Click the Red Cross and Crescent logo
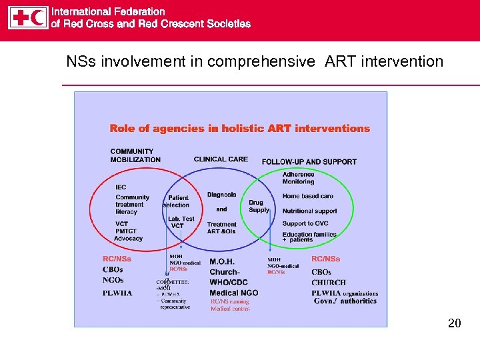point(28,17)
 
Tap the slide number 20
point(454,323)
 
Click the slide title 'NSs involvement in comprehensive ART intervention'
point(254,62)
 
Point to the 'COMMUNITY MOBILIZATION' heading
point(135,155)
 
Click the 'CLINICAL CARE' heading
point(221,159)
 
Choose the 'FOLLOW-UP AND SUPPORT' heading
point(309,162)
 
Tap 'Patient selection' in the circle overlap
point(177,201)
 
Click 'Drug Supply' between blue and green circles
point(258,206)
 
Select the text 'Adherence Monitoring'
point(298,178)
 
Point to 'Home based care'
point(307,196)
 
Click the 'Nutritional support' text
point(309,211)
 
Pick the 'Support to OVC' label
point(305,223)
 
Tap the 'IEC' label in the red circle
point(121,187)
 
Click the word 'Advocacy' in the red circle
point(129,238)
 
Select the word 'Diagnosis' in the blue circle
point(221,195)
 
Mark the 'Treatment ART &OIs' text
point(221,228)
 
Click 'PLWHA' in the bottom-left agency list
point(117,293)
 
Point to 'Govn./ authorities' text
point(345,301)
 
